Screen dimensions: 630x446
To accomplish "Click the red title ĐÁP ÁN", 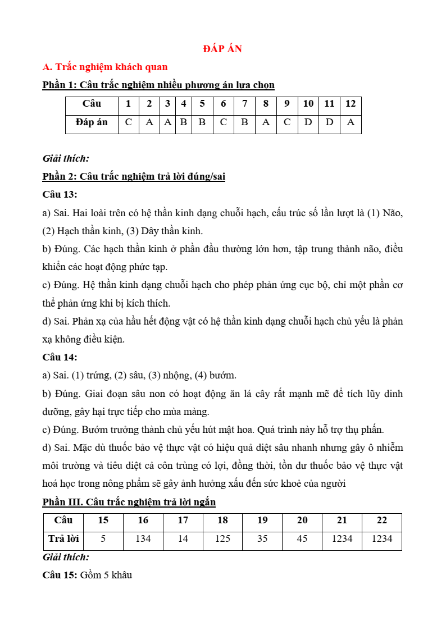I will click(222, 49).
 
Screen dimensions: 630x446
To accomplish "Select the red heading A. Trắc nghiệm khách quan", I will click(105, 67).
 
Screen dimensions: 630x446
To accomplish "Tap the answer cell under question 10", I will click(308, 122).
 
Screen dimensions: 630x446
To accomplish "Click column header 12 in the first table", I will click(351, 104).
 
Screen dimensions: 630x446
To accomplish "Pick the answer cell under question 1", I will click(129, 122).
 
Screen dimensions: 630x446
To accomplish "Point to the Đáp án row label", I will click(92, 122).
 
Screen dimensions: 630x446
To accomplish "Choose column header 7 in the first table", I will click(244, 104).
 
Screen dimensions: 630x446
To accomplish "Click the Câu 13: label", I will click(60, 194).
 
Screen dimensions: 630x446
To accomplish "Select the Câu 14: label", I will click(60, 357).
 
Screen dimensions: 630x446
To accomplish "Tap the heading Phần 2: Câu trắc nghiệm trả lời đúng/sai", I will click(134, 176).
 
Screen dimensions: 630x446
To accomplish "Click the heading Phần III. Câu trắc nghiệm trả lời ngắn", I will click(129, 501).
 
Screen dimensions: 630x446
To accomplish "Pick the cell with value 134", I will click(143, 538).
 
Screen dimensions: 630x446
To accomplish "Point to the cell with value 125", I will click(223, 538).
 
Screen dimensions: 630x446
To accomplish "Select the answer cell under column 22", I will click(382, 538).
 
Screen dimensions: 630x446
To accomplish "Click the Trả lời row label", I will click(63, 538).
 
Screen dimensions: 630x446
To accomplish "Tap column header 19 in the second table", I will click(262, 520).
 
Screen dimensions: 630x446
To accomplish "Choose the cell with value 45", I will click(302, 538).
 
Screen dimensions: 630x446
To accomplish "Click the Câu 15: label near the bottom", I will click(60, 575).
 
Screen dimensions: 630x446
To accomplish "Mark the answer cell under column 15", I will click(103, 538).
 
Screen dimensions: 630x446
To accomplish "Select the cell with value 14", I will click(183, 538).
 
